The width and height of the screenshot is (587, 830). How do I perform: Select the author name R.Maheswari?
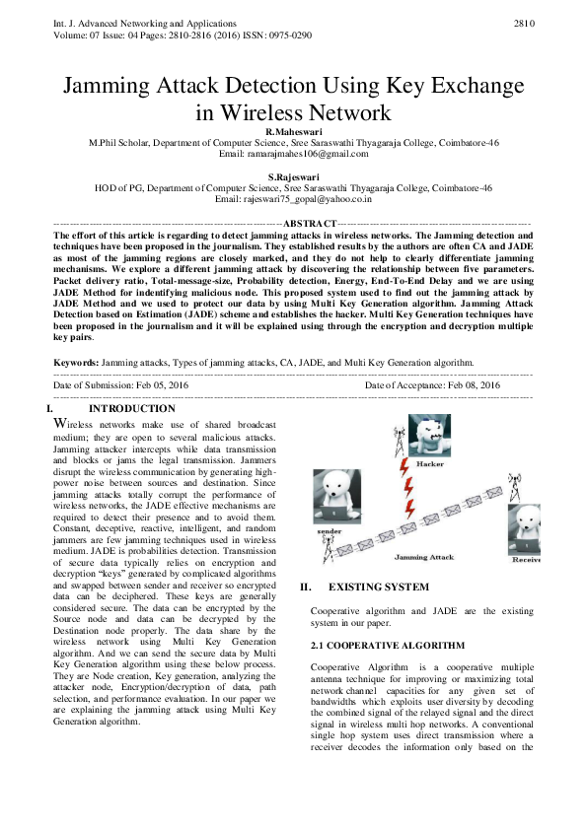[x=293, y=130]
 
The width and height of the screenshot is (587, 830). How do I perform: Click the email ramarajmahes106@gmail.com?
[x=293, y=154]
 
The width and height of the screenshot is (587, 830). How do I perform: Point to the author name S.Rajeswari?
[x=293, y=176]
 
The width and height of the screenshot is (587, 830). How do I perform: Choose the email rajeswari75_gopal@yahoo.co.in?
[x=293, y=199]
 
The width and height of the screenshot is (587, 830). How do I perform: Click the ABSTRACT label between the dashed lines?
[x=310, y=225]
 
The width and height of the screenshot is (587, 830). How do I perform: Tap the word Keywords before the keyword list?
[x=75, y=364]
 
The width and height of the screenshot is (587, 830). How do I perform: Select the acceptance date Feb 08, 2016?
[x=464, y=384]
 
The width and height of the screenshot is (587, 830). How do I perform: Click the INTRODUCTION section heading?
[x=131, y=409]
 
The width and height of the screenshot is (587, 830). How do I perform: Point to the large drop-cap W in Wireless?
[x=60, y=424]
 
